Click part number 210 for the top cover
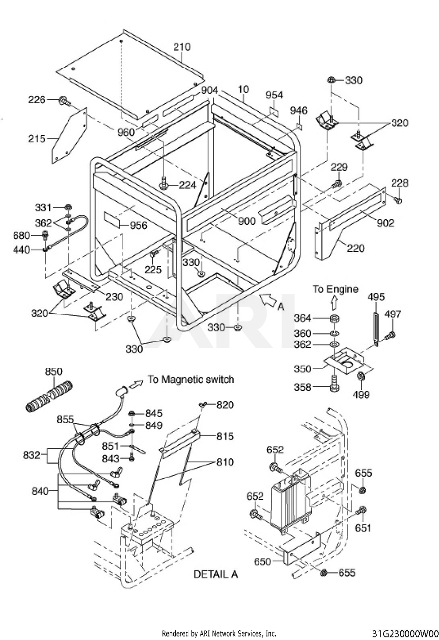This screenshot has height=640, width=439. (x=182, y=47)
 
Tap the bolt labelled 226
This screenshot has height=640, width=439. (x=65, y=101)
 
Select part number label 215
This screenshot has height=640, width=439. (x=37, y=139)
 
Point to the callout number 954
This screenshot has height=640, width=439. (x=274, y=95)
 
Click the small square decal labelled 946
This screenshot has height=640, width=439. (x=299, y=126)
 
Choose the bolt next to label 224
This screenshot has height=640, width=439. (x=164, y=183)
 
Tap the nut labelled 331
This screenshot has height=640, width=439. (x=68, y=207)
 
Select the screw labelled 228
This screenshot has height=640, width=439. (x=398, y=200)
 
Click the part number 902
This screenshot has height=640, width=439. (x=385, y=223)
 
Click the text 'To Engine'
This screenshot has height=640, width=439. (x=335, y=289)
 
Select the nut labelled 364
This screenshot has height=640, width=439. (x=335, y=318)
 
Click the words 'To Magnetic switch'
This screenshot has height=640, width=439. (x=191, y=379)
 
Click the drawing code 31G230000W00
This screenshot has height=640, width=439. (x=405, y=634)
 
